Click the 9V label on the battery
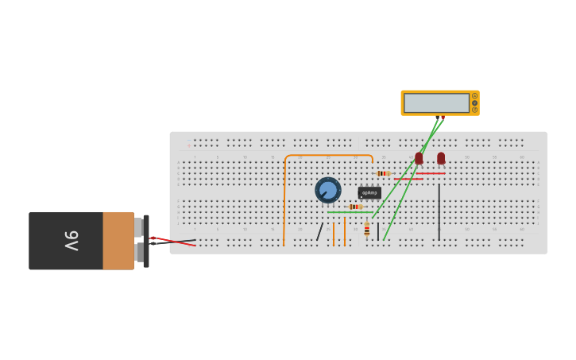pyautogui.click(x=70, y=241)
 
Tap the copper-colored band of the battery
pyautogui.click(x=118, y=241)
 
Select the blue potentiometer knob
pyautogui.click(x=327, y=190)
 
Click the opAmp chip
pyautogui.click(x=369, y=192)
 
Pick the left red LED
pyautogui.click(x=419, y=158)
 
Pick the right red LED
pyautogui.click(x=441, y=158)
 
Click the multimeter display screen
pyautogui.click(x=436, y=103)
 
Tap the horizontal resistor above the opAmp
pyautogui.click(x=383, y=173)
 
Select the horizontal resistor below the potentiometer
pyautogui.click(x=355, y=207)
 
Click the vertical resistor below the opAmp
pyautogui.click(x=366, y=230)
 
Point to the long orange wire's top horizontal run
pyautogui.click(x=327, y=156)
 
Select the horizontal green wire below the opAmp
pyautogui.click(x=350, y=212)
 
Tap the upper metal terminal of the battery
pyautogui.click(x=139, y=227)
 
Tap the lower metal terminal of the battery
pyautogui.click(x=139, y=253)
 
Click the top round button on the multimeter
pyautogui.click(x=475, y=96)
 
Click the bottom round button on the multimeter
pyautogui.click(x=475, y=110)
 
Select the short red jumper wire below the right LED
pyautogui.click(x=430, y=173)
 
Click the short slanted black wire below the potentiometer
pyautogui.click(x=319, y=232)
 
